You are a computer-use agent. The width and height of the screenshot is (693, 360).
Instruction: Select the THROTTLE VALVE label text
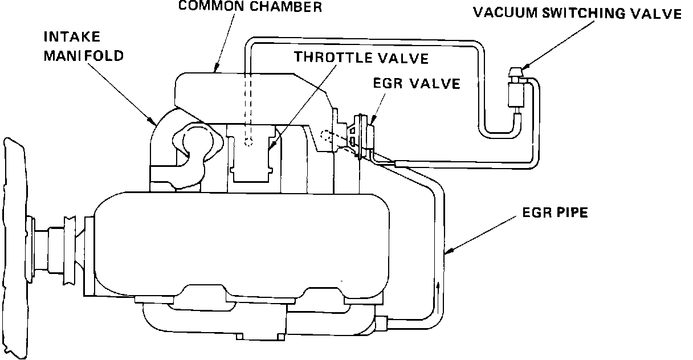pos(361,58)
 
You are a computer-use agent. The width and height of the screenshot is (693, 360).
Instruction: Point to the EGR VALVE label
pos(416,84)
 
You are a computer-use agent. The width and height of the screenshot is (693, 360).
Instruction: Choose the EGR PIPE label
pos(555,214)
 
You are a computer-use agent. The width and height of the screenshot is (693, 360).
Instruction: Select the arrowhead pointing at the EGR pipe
pos(450,249)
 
